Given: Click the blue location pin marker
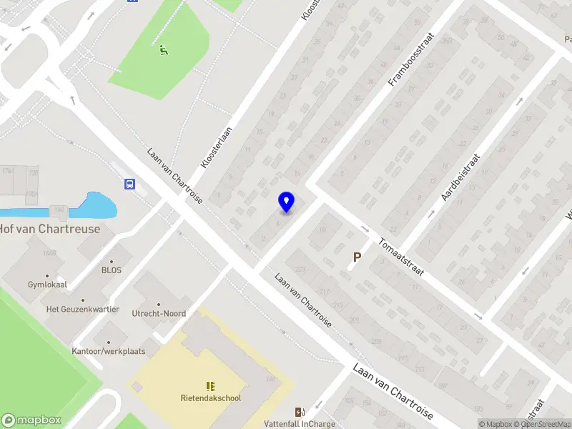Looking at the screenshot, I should [x=286, y=202].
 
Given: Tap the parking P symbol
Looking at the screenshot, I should [x=357, y=257].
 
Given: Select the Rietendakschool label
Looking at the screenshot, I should [x=210, y=398].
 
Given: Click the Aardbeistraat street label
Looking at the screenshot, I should [x=461, y=176].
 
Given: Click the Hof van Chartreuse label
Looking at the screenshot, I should [x=50, y=230].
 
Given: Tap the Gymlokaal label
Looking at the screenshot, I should [x=47, y=285].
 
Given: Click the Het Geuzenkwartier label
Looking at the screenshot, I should [x=82, y=309].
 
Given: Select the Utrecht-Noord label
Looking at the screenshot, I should [x=159, y=313].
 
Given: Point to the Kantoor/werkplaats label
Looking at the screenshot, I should [x=109, y=351].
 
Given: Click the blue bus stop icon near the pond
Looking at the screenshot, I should [x=129, y=184].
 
